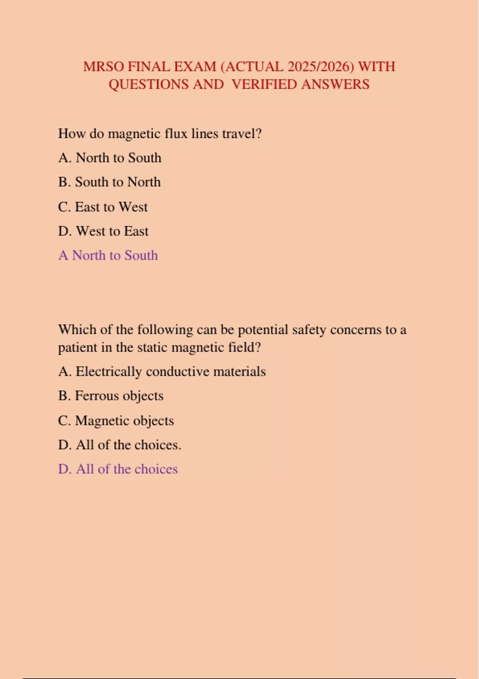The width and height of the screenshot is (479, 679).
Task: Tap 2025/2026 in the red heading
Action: (x=321, y=67)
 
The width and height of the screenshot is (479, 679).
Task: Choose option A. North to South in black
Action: (x=110, y=158)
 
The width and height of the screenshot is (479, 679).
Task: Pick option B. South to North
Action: (x=109, y=182)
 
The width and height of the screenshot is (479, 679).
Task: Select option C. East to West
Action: (x=103, y=207)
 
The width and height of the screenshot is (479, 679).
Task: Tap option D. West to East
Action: (x=103, y=231)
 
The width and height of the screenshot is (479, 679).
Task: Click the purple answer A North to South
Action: (x=108, y=255)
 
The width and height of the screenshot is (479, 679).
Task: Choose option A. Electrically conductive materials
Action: (x=162, y=372)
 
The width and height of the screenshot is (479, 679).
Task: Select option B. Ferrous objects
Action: (x=111, y=396)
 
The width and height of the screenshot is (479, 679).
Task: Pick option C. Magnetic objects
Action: (x=116, y=421)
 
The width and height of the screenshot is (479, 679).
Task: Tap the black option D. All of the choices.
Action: (x=119, y=445)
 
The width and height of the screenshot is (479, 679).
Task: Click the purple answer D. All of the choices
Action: (x=118, y=469)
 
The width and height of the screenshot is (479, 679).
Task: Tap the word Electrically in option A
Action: (x=109, y=372)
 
